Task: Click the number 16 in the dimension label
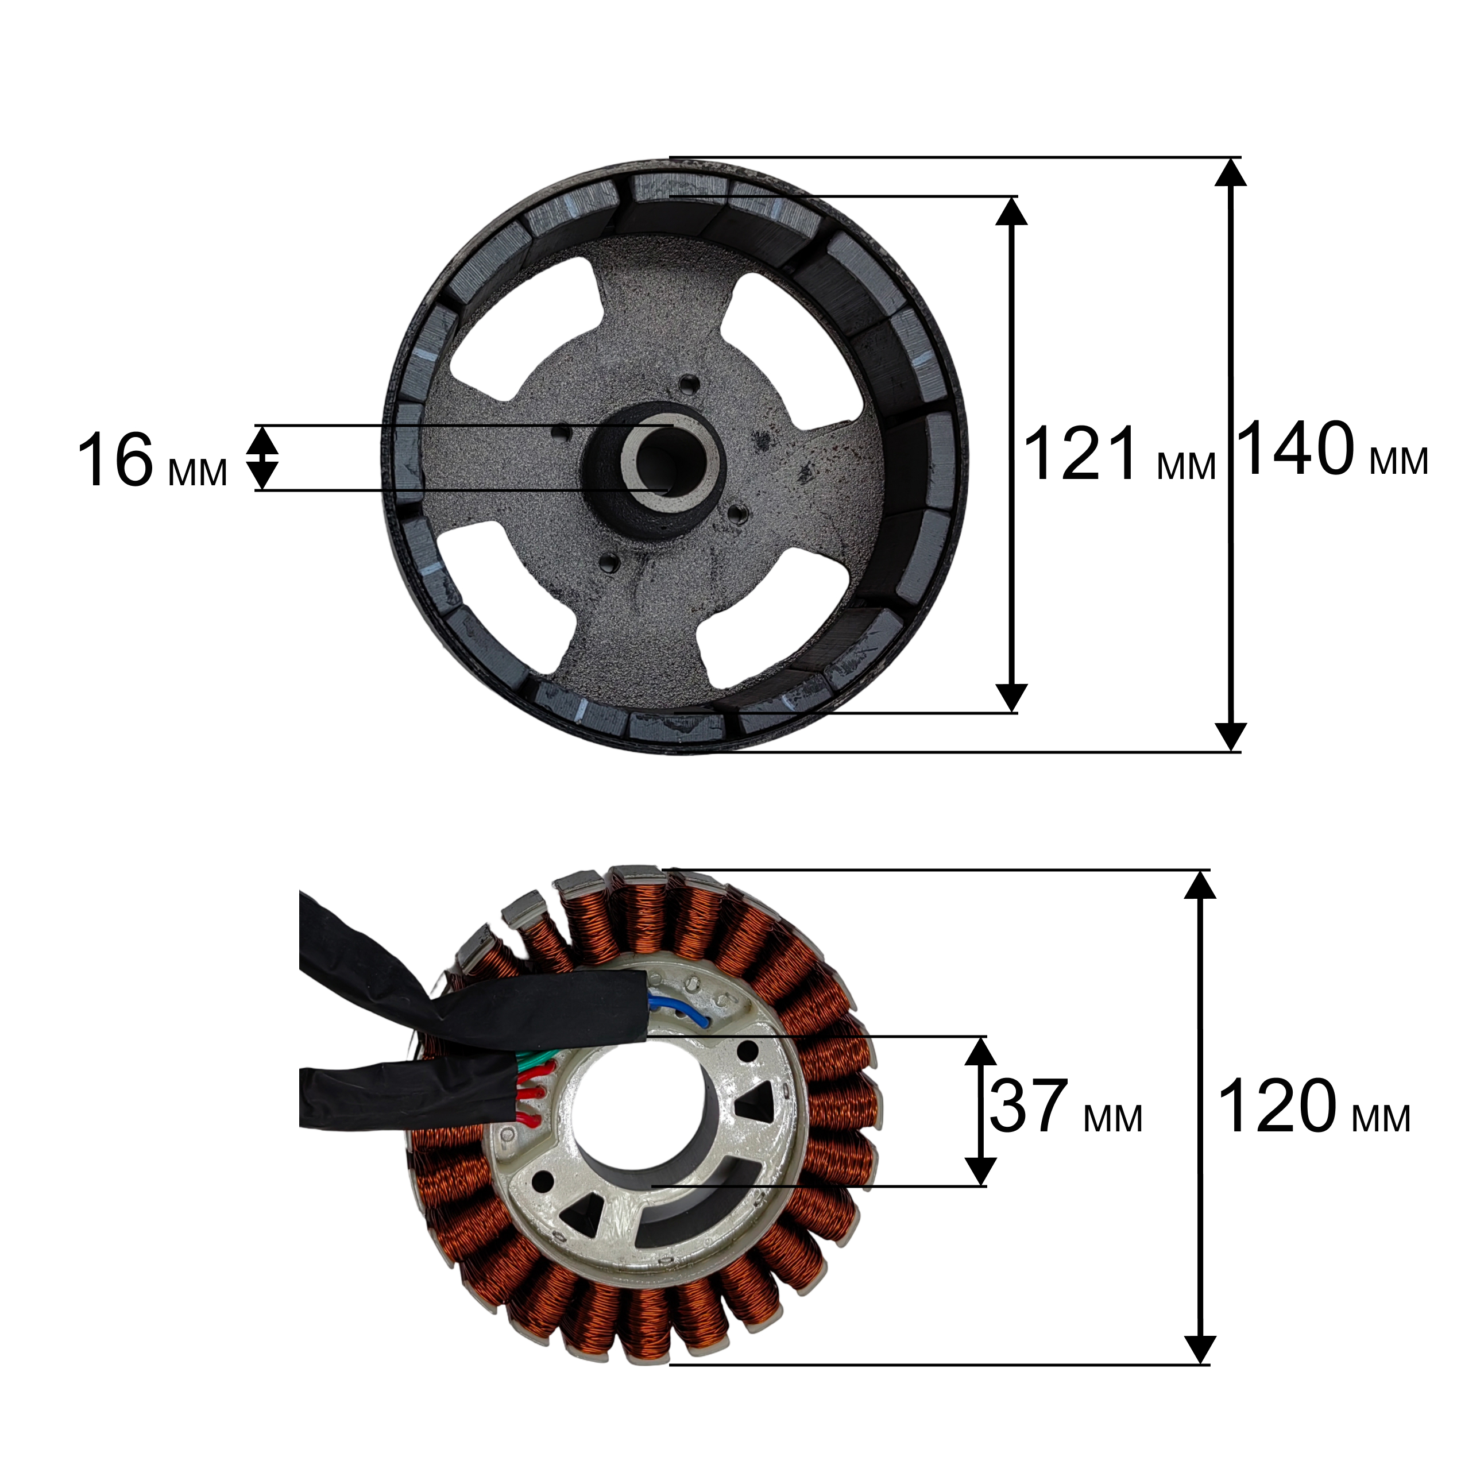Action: (115, 460)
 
